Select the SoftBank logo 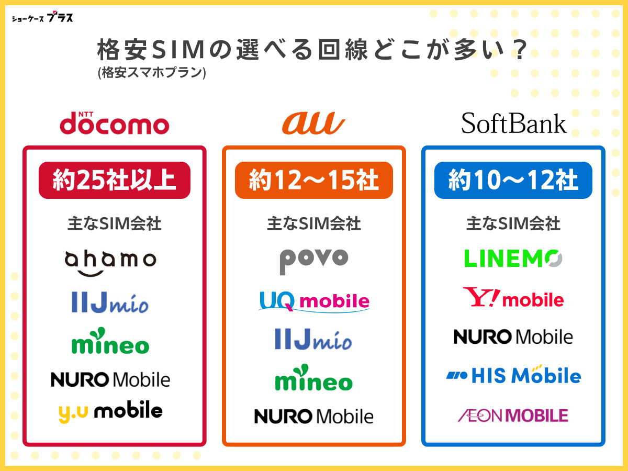[x=513, y=124]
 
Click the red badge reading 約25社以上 [x=115, y=181]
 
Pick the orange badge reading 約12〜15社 [x=313, y=181]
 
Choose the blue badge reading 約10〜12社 [x=513, y=181]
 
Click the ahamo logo [x=110, y=262]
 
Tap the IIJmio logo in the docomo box [x=110, y=302]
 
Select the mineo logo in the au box [x=314, y=378]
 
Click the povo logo [x=313, y=260]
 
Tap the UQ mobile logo [x=314, y=301]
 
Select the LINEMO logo [x=513, y=258]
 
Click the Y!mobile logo [x=513, y=298]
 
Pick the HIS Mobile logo [x=513, y=375]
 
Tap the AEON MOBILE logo [x=513, y=416]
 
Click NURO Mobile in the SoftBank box [x=513, y=337]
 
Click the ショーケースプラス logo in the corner [x=42, y=17]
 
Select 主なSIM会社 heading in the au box [x=313, y=224]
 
